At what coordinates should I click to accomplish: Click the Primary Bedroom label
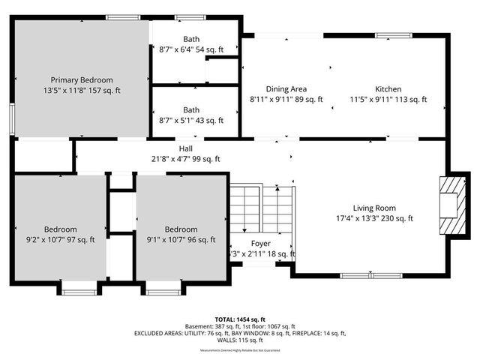coord(82,79)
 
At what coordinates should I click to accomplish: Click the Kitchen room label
coord(388,88)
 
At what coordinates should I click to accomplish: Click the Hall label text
coord(185,148)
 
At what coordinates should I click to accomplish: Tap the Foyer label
coord(260,244)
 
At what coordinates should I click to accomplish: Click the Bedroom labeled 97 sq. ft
coord(59,229)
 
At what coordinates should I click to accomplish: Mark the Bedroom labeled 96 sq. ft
coord(181,229)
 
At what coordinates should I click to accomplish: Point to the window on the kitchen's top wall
coord(391,34)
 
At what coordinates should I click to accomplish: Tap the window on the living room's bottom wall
coord(361,275)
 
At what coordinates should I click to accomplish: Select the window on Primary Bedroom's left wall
coord(12,118)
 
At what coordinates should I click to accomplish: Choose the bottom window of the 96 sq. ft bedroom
coord(163,290)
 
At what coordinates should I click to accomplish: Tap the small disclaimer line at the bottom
coord(241,350)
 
